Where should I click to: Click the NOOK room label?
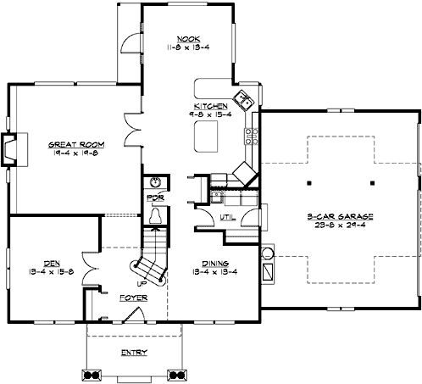(188, 38)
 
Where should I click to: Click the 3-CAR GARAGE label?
(341, 217)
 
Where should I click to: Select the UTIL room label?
(227, 218)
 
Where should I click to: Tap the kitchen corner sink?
(243, 101)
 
